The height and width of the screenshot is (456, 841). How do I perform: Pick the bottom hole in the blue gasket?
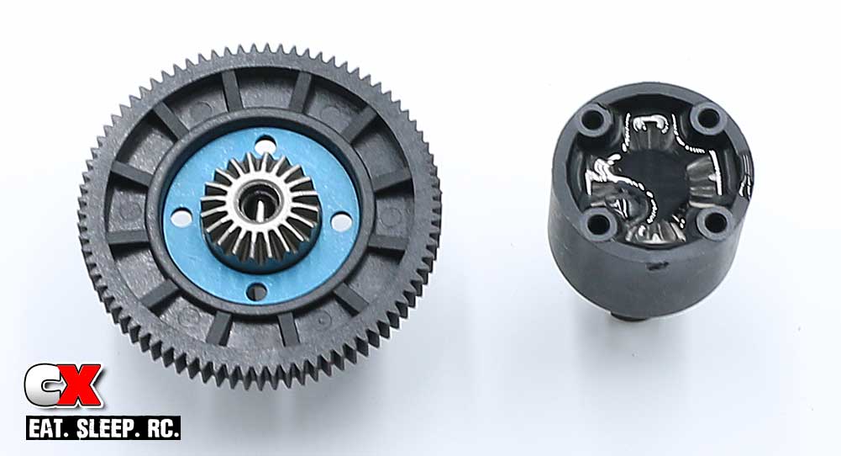pyautogui.click(x=257, y=292)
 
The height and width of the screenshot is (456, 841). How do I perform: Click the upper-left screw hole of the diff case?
pyautogui.click(x=592, y=119)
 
